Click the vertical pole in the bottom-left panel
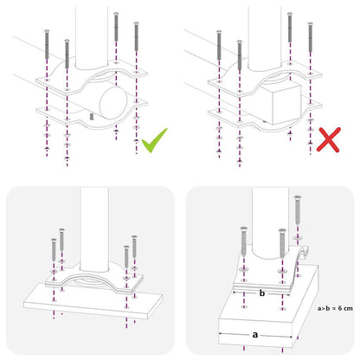(x=95, y=229)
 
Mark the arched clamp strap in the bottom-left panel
(x=95, y=281)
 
